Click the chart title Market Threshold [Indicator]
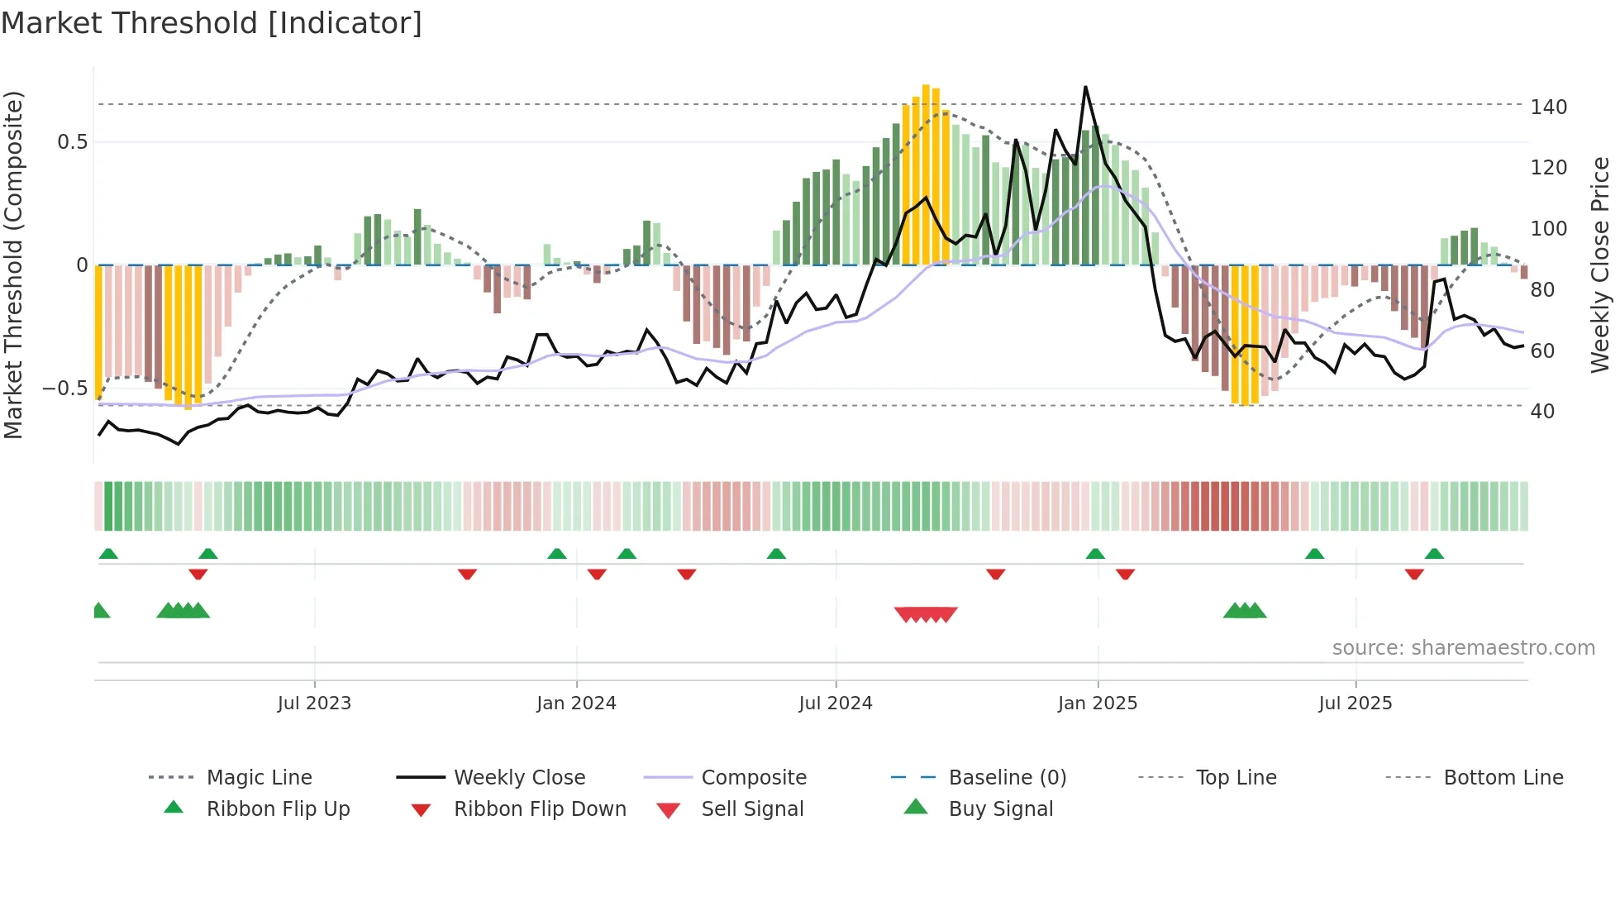click(x=212, y=23)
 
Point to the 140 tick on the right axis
click(x=1548, y=107)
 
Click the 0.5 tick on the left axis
click(x=72, y=142)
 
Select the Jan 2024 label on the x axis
click(x=576, y=704)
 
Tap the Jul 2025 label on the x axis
click(x=1355, y=704)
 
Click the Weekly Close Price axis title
click(x=1600, y=265)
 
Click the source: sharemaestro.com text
click(x=1463, y=648)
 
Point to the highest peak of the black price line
click(x=1085, y=87)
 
